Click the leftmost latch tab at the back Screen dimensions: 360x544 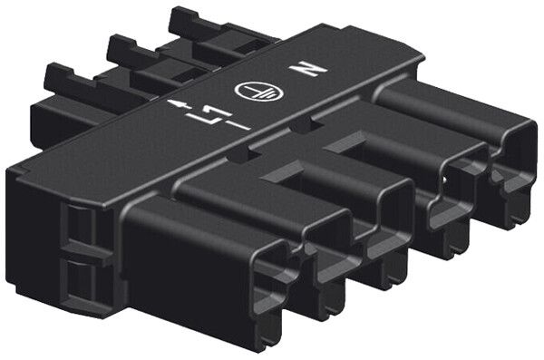coord(69,80)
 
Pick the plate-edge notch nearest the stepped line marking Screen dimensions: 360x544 coord(238,156)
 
